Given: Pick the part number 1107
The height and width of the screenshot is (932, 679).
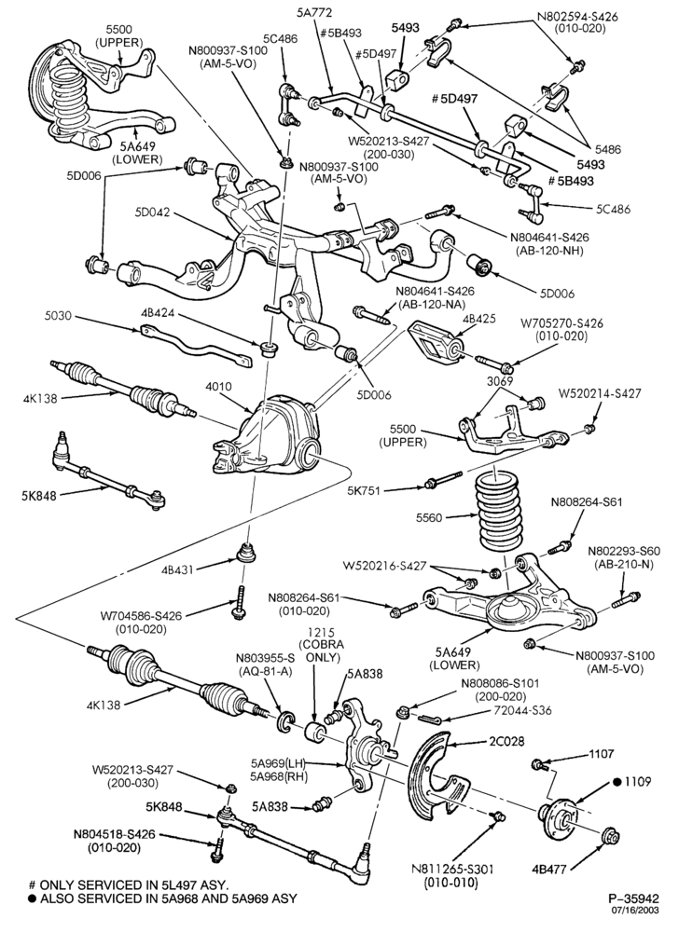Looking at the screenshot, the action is pyautogui.click(x=601, y=754).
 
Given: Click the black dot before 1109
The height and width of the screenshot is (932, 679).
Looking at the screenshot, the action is pyautogui.click(x=617, y=782).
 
